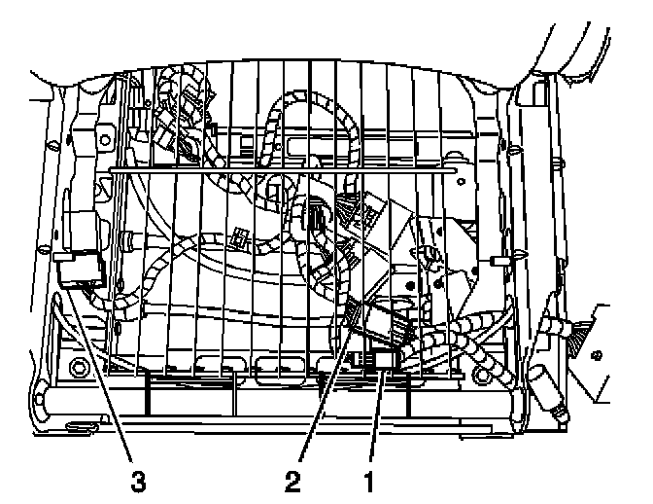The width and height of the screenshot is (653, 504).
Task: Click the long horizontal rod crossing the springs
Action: [x=282, y=169]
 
